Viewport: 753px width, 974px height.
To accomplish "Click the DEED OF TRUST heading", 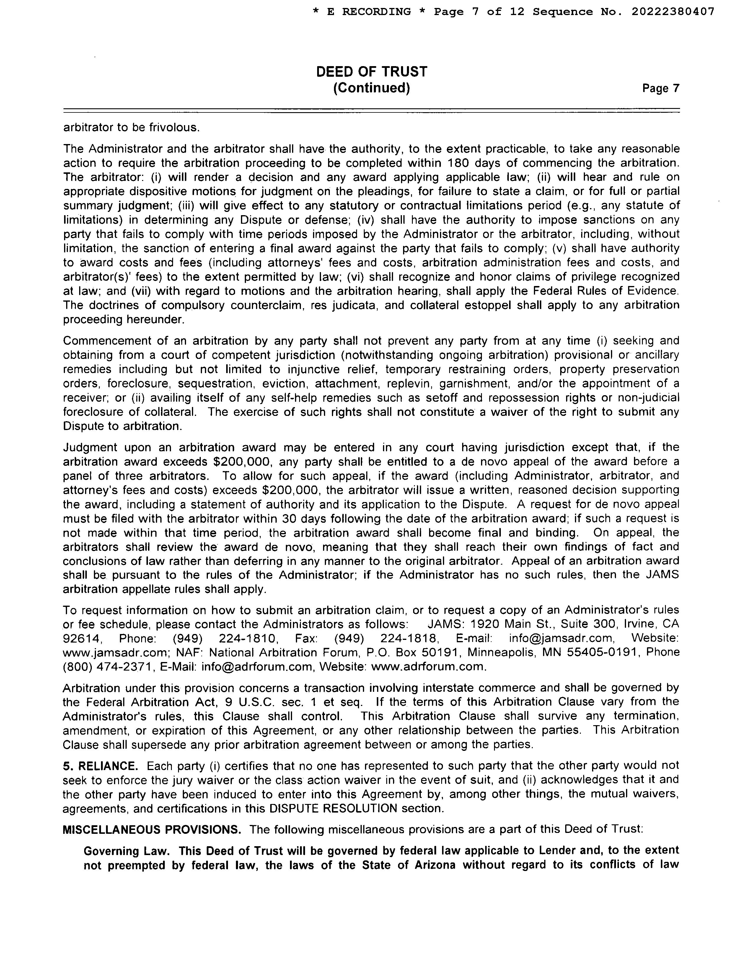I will (x=371, y=72).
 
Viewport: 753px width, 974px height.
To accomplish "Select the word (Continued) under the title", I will (x=371, y=88).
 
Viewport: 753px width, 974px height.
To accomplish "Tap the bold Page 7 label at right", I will (x=661, y=88).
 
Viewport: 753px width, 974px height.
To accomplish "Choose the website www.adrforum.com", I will (x=428, y=667).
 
